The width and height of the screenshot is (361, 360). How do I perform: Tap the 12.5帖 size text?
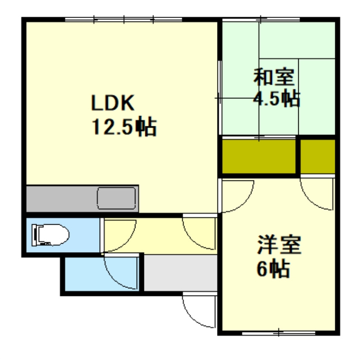[x=124, y=127]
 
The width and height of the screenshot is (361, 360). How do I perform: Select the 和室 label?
[x=274, y=78]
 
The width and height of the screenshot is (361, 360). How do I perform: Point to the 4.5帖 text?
[x=277, y=99]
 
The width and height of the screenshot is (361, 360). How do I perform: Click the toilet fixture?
[x=50, y=235]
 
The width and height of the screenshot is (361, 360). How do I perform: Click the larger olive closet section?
[x=259, y=156]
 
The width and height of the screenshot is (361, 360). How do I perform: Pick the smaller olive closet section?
[x=318, y=156]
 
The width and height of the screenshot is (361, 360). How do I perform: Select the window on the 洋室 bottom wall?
[x=278, y=334]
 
